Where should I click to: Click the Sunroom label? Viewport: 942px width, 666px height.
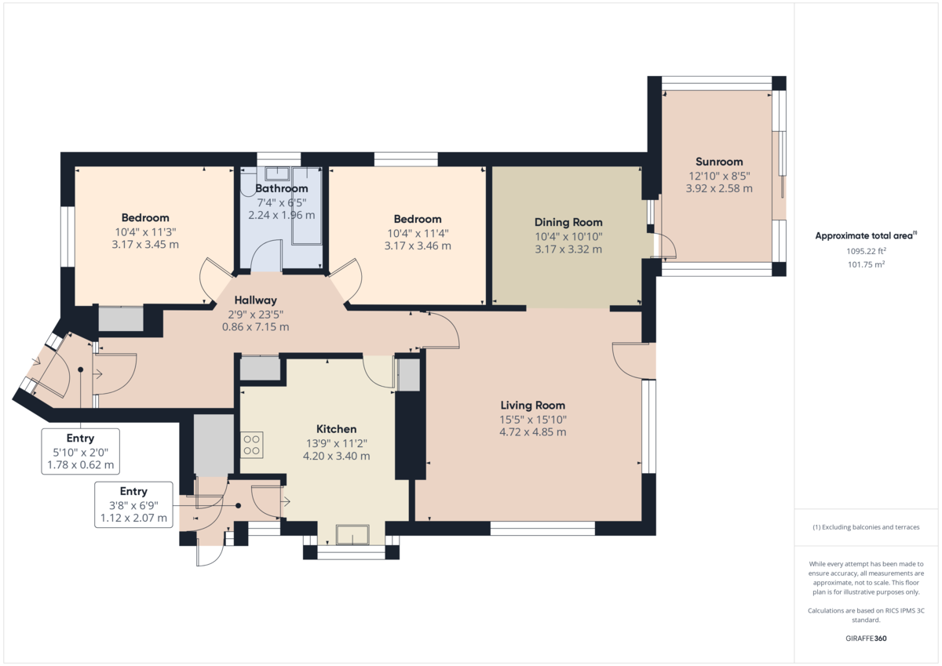tap(719, 162)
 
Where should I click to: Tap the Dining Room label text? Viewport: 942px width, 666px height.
tap(568, 222)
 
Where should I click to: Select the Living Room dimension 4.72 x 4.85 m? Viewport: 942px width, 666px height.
tap(533, 431)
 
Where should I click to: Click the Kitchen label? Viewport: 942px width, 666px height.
tap(336, 429)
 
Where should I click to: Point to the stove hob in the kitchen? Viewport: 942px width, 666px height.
tap(252, 446)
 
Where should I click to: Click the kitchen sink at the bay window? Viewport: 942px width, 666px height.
tap(352, 535)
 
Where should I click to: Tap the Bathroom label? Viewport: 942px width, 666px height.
tap(282, 188)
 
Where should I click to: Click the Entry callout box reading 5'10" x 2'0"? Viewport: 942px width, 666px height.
tap(81, 451)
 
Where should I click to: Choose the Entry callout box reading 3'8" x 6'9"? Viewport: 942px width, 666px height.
tap(133, 504)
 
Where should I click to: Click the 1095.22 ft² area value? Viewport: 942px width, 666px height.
tap(867, 252)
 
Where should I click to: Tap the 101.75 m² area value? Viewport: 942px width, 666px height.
tap(867, 265)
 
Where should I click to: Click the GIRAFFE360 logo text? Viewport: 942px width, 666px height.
tap(867, 639)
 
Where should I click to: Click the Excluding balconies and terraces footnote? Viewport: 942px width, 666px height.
tap(867, 527)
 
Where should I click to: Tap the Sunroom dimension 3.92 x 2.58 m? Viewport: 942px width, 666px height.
tap(719, 188)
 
